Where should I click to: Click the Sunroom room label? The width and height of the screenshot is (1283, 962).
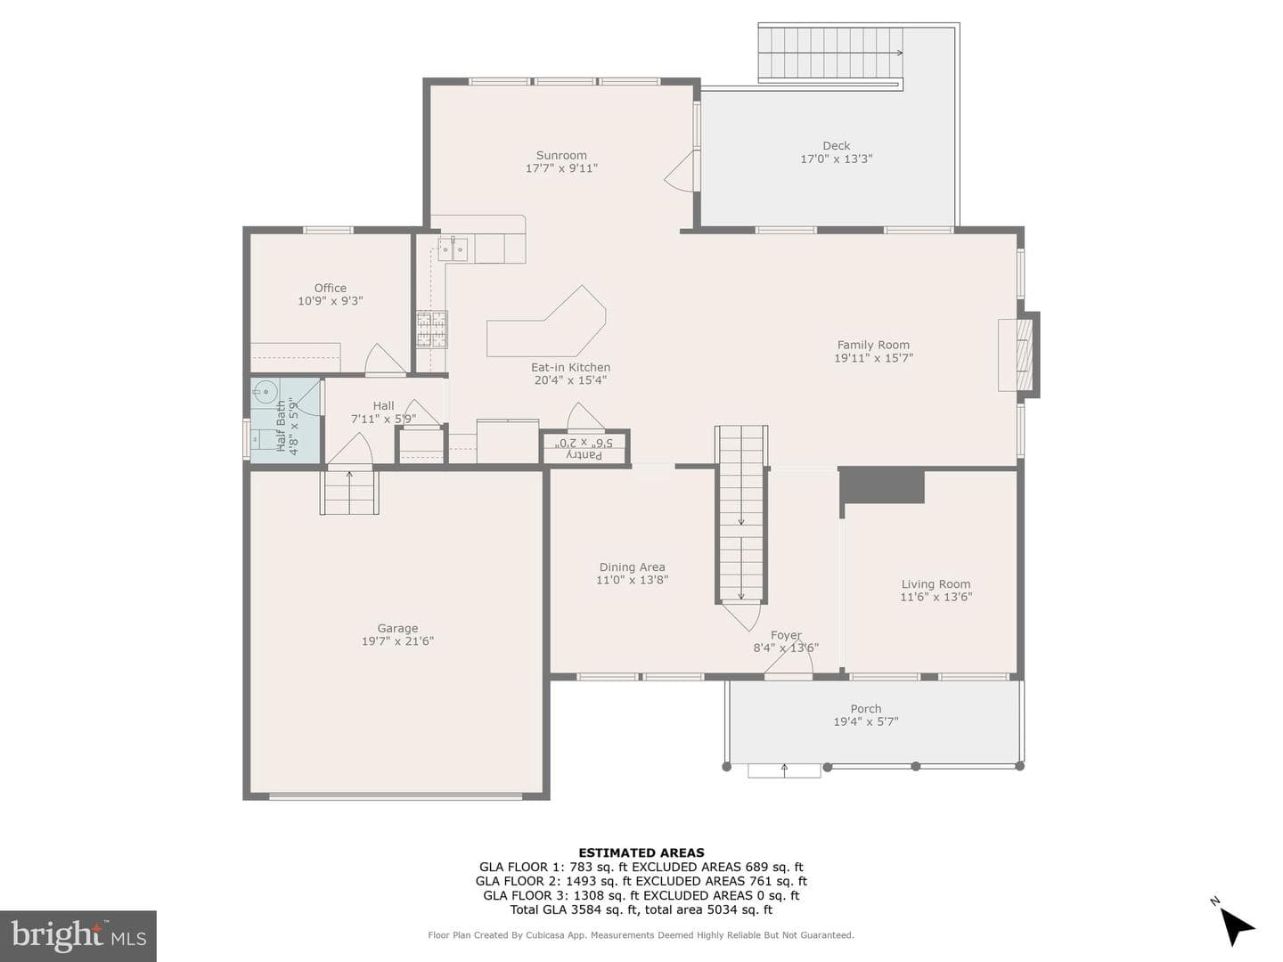click(x=561, y=155)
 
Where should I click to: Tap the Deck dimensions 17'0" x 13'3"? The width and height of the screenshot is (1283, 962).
click(x=837, y=159)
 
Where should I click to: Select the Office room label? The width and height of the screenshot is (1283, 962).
click(x=331, y=288)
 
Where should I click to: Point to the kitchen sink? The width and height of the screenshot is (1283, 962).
click(x=453, y=249)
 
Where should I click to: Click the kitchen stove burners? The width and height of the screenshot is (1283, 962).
click(x=432, y=330)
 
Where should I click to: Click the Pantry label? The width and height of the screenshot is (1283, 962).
click(x=584, y=454)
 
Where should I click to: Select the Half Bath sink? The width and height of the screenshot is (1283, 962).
click(x=266, y=391)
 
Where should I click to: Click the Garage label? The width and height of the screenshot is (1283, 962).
click(x=397, y=629)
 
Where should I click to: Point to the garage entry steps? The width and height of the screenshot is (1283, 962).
click(x=349, y=493)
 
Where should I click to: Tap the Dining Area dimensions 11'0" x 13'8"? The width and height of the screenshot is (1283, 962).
click(x=632, y=580)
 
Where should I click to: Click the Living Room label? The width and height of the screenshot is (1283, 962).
click(x=936, y=584)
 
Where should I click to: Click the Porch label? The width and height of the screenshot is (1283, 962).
click(x=866, y=708)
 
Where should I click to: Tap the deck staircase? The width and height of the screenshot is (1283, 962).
click(x=830, y=53)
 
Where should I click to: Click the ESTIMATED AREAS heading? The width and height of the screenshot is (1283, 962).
click(x=641, y=852)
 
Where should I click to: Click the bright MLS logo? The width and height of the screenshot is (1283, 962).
click(x=78, y=936)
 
